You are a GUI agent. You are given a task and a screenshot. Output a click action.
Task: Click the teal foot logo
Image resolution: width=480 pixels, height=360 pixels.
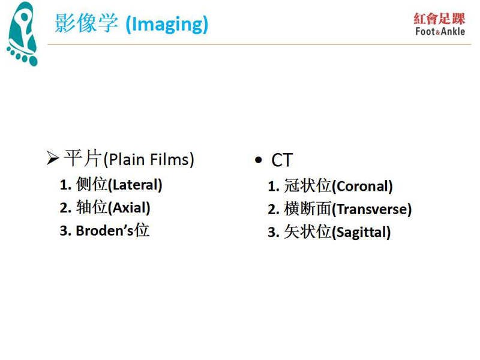[x=22, y=34]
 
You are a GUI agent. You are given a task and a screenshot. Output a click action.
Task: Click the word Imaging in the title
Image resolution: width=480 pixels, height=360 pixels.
[x=167, y=25]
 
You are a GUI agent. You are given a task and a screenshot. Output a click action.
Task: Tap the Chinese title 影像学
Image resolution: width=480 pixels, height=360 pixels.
[x=86, y=23]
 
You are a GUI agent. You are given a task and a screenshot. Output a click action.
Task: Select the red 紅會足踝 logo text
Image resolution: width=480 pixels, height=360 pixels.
[x=439, y=19]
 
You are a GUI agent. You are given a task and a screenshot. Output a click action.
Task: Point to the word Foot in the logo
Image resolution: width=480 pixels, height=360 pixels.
[x=425, y=32]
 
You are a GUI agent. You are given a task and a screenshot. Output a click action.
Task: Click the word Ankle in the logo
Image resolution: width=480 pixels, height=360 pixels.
[x=453, y=32]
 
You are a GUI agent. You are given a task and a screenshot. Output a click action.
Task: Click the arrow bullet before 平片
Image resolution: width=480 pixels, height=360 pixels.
[x=53, y=158]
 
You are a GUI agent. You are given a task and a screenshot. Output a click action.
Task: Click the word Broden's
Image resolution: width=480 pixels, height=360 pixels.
[x=104, y=231]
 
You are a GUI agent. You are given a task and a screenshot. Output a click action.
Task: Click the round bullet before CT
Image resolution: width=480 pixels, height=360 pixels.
[x=259, y=160]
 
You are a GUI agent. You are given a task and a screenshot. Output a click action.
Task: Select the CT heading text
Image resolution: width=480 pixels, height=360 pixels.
[x=282, y=160]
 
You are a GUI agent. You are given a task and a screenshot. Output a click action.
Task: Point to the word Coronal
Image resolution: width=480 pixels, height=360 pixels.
[x=362, y=187]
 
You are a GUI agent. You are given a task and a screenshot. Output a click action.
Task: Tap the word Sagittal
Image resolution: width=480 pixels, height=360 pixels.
[x=361, y=232]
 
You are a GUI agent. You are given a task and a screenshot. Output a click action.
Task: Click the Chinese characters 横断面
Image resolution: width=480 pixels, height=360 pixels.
[x=308, y=209]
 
